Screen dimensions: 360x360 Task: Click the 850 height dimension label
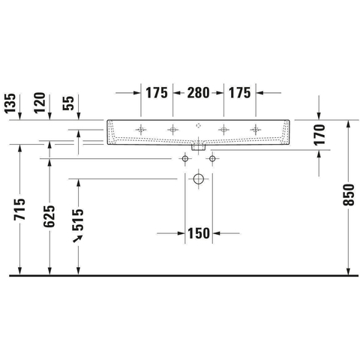tap(349, 195)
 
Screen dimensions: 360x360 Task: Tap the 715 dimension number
tap(19, 209)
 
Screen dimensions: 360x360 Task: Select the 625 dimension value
tap(49, 216)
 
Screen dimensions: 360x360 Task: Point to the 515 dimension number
tap(78, 220)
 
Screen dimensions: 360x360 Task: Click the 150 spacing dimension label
tap(199, 233)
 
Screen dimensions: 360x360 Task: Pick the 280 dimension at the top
tap(198, 93)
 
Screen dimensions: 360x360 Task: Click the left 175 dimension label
tap(157, 93)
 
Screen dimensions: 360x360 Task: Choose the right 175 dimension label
tap(239, 93)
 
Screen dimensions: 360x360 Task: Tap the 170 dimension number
tap(319, 135)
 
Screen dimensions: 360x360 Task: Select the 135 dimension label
tap(10, 103)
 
